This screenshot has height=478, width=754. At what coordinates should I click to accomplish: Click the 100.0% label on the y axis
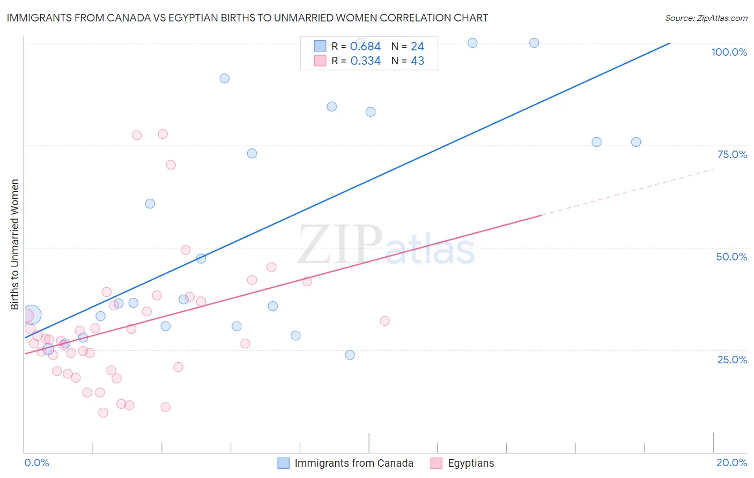(x=729, y=52)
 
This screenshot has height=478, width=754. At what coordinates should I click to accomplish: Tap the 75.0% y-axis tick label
(x=732, y=154)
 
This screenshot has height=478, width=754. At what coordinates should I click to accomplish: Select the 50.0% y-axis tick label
(x=731, y=257)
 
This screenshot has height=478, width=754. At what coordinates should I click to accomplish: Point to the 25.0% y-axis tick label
(x=732, y=359)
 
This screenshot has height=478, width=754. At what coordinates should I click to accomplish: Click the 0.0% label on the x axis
(x=36, y=462)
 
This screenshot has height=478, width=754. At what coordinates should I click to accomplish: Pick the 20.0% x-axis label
(x=731, y=462)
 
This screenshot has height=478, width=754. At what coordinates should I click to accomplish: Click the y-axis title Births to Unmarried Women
(x=14, y=244)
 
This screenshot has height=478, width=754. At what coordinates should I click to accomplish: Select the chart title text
(x=247, y=18)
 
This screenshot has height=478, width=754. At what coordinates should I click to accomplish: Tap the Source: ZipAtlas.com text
(x=706, y=18)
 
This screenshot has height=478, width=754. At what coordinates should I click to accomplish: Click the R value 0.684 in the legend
(x=365, y=47)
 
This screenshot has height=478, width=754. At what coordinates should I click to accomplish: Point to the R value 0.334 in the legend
(x=365, y=61)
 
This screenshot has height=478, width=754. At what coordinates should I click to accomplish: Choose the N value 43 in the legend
(x=417, y=61)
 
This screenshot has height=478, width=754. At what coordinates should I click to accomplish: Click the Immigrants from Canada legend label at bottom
(x=353, y=463)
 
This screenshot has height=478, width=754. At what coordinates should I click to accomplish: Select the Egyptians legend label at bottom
(x=470, y=463)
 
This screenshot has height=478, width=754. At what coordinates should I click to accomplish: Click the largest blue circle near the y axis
(x=32, y=315)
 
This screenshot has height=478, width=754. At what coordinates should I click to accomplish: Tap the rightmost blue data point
(x=636, y=142)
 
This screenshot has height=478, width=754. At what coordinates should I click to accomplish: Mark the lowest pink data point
(x=104, y=413)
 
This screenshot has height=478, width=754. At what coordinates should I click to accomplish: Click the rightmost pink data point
(x=385, y=321)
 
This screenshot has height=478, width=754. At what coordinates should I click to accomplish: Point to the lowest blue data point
(x=350, y=355)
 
